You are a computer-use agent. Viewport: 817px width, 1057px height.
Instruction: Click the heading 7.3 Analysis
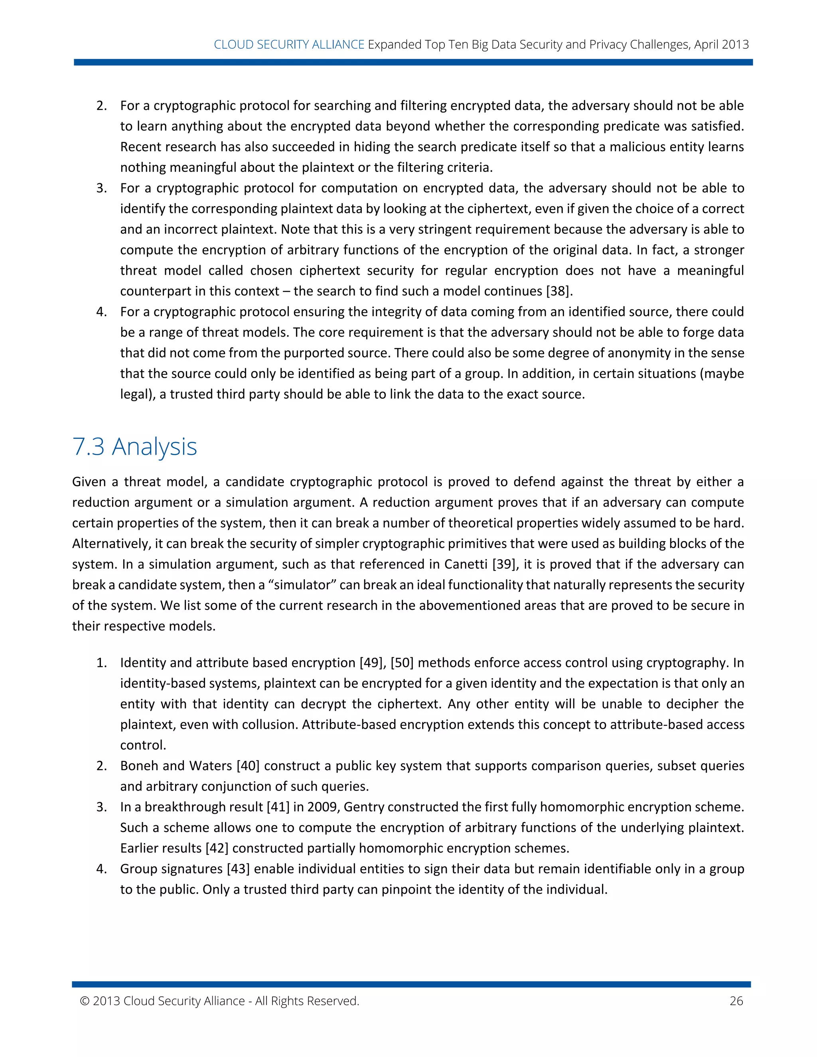click(x=134, y=446)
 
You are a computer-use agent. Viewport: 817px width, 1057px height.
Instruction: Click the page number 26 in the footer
click(x=736, y=1001)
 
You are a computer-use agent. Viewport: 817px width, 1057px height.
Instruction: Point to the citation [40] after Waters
click(x=248, y=766)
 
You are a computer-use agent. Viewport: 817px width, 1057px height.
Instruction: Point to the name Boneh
click(x=139, y=766)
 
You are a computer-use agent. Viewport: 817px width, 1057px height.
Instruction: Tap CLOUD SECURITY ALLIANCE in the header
click(x=289, y=45)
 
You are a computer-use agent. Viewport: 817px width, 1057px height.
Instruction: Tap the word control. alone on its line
click(x=143, y=745)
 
